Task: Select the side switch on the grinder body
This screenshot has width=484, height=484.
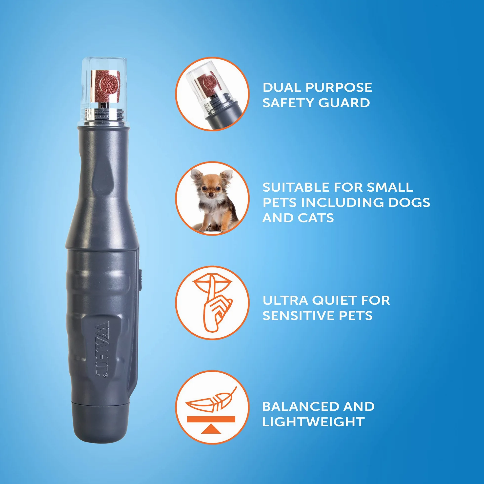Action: [x=141, y=280]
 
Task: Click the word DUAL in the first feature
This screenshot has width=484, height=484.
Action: [x=282, y=87]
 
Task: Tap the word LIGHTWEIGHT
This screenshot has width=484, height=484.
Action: [x=313, y=422]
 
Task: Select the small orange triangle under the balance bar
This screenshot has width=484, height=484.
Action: [x=211, y=429]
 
